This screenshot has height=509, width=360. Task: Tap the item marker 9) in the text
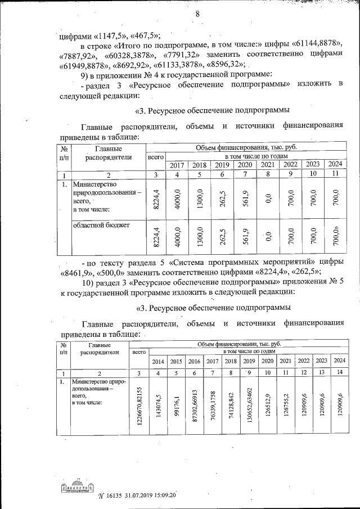(86, 75)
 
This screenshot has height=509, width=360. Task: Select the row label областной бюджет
(101, 226)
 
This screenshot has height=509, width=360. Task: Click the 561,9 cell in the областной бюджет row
(244, 236)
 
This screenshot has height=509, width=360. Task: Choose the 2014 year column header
(159, 361)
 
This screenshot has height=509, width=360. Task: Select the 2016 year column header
(194, 361)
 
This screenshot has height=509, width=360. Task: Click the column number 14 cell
(339, 372)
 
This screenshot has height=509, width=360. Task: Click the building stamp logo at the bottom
(75, 487)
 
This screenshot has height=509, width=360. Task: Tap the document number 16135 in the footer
(116, 495)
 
